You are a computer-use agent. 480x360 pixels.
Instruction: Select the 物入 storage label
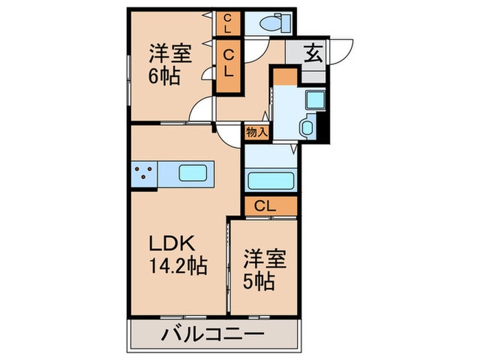(x=256, y=132)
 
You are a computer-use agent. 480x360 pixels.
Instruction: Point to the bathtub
(x=270, y=181)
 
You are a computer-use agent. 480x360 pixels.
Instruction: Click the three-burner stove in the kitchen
(x=144, y=174)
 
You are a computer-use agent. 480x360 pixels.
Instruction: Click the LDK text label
(x=174, y=243)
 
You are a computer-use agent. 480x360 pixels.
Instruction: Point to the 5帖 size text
(x=261, y=281)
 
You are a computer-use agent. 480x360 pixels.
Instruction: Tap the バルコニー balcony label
(x=213, y=337)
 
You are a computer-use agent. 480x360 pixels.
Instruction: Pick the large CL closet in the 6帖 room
(x=229, y=65)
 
